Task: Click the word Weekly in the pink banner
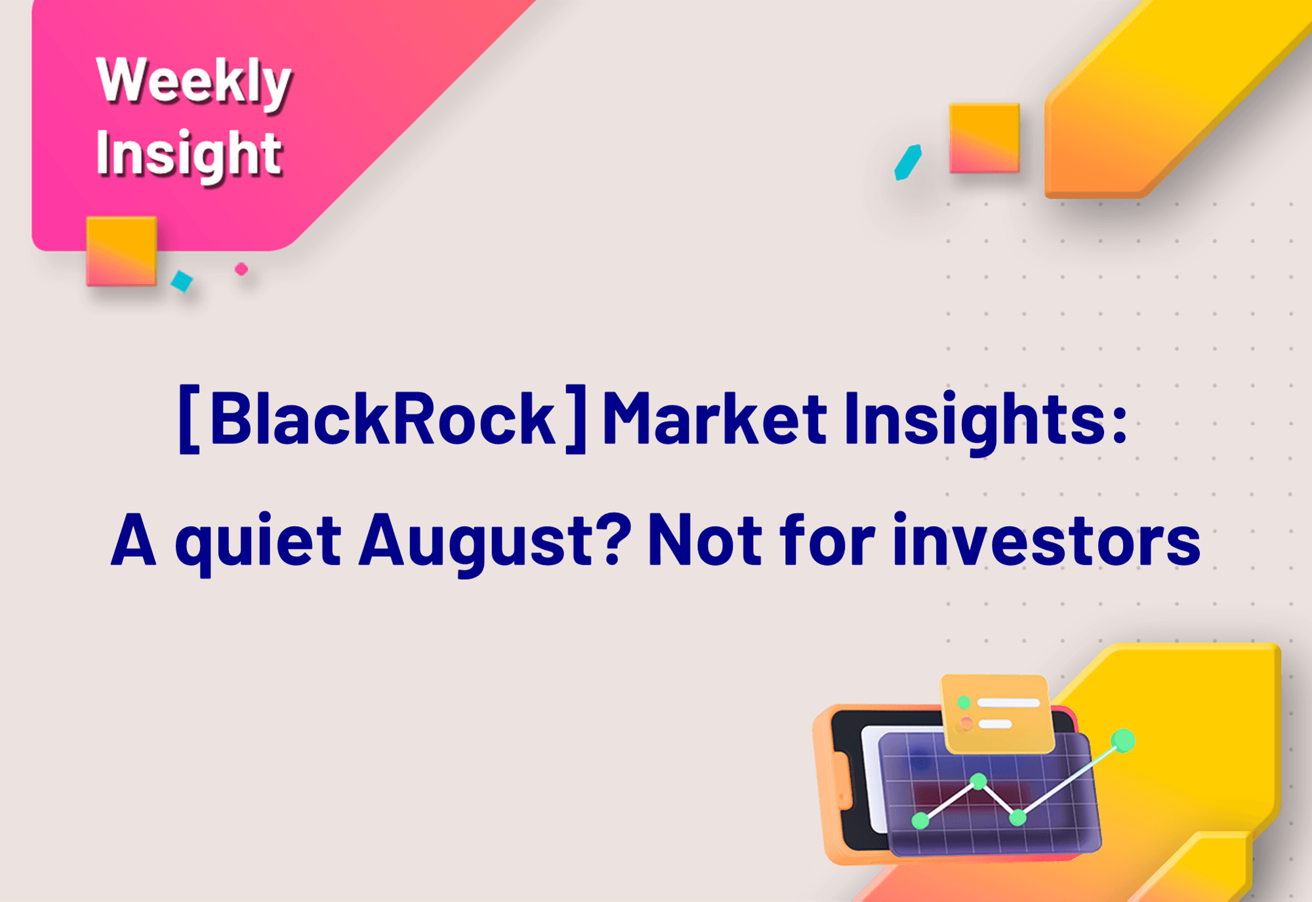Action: (x=194, y=82)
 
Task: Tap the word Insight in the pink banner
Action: (x=189, y=155)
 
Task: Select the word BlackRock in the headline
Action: (x=383, y=419)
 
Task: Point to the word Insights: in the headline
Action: (x=985, y=420)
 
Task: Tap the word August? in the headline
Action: (x=495, y=541)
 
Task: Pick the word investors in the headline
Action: (x=1047, y=539)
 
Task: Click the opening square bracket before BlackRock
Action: (x=189, y=419)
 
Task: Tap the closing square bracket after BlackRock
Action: (x=576, y=419)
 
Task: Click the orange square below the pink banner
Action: (x=121, y=251)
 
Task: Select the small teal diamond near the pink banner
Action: (x=182, y=281)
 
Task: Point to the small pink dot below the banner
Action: (x=241, y=269)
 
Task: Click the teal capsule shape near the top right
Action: (x=909, y=162)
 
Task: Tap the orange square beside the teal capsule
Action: (x=985, y=138)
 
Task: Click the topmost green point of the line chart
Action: (x=1123, y=741)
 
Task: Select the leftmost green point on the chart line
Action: (x=920, y=820)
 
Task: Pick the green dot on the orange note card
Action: (x=964, y=703)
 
